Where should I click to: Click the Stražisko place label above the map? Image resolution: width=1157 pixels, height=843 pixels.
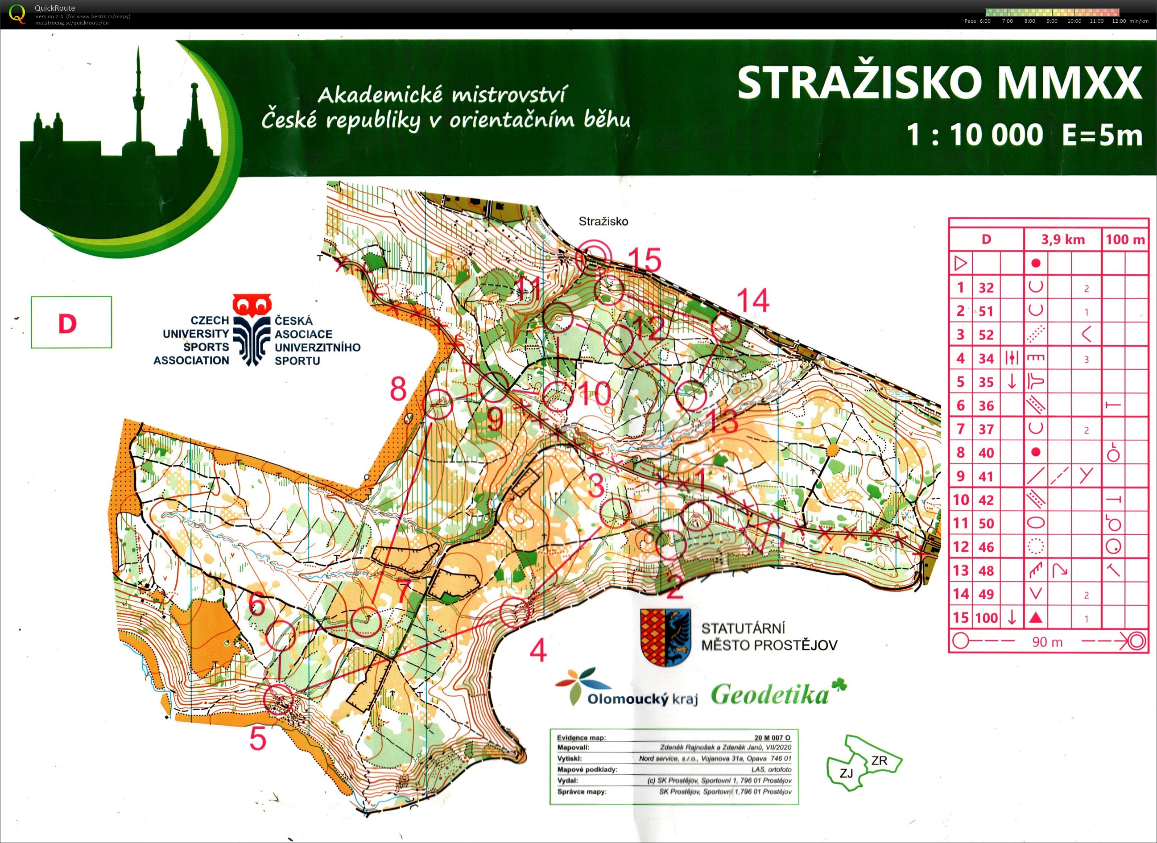pos(603,222)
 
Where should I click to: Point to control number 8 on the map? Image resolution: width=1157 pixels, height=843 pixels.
pos(398,389)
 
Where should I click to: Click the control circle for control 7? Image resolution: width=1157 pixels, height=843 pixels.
pos(366,620)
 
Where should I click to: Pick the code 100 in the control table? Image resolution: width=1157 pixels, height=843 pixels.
pos(986,618)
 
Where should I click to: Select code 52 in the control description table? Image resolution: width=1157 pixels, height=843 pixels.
pos(986,335)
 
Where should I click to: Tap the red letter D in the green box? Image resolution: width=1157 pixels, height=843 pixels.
pos(67,323)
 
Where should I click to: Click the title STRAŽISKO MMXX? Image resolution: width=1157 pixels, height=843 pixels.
pos(938,83)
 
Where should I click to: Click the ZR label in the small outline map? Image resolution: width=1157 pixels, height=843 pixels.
pos(879,761)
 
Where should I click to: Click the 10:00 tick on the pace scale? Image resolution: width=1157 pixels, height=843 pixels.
pos(1074,21)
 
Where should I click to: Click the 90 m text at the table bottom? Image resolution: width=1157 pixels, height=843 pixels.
pos(1047,642)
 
